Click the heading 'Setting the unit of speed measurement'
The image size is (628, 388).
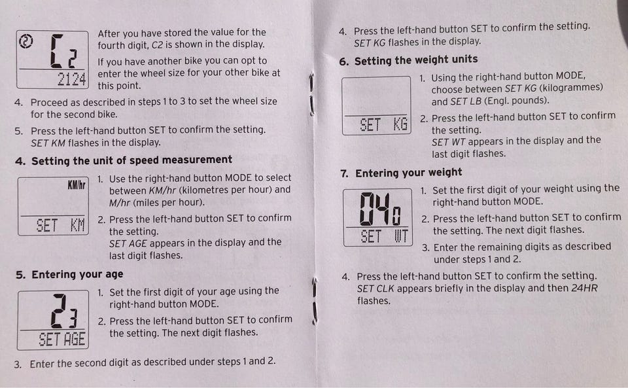pos(131,160)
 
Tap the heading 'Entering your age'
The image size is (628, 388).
pos(77,275)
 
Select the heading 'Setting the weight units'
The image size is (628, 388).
pos(416,60)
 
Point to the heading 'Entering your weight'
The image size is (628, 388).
pos(408,173)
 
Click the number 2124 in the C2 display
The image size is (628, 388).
pos(72,79)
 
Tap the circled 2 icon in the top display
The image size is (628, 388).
pos(26,41)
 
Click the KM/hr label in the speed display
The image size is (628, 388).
pos(77,185)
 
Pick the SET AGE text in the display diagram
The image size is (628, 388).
pos(61,340)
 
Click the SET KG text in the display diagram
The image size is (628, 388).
pos(383,124)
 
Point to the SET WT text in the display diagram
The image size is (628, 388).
pos(384,236)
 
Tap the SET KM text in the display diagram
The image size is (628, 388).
pos(60,226)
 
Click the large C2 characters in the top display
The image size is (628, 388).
pos(63,51)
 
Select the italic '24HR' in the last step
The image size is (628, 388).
pos(584,288)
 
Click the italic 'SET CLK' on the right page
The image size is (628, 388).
pos(375,289)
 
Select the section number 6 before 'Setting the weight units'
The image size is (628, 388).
pos(343,62)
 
